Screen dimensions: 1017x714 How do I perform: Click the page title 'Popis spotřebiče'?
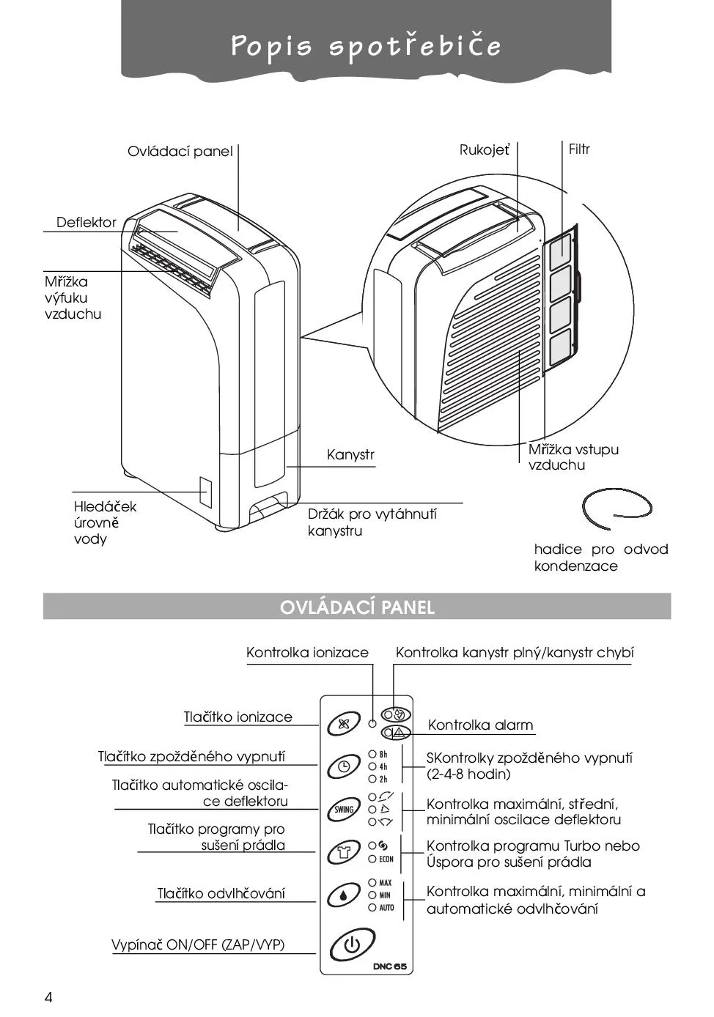coord(366,46)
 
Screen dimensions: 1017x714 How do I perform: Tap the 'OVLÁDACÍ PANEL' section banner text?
coord(357,607)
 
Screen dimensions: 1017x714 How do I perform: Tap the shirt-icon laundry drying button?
coord(343,852)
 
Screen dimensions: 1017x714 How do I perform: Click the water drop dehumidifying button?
coord(343,895)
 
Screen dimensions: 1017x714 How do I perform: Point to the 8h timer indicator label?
coord(383,754)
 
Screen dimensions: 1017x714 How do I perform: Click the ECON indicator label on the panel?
coord(386,859)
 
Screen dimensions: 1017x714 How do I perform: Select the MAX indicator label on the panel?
coord(385,883)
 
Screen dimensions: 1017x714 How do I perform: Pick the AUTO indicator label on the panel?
coord(386,908)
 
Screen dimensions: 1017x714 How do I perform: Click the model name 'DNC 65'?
coord(389,966)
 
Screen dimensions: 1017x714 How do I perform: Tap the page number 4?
coord(49,997)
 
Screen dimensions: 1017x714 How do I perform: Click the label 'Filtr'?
coord(579,149)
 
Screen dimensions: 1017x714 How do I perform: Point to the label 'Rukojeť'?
coord(484,150)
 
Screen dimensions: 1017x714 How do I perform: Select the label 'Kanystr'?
coord(350,455)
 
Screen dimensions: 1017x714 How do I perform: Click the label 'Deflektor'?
coord(87,223)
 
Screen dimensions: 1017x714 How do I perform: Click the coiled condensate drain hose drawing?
coord(616,507)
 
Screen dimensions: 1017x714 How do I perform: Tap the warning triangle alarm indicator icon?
coord(398,732)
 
